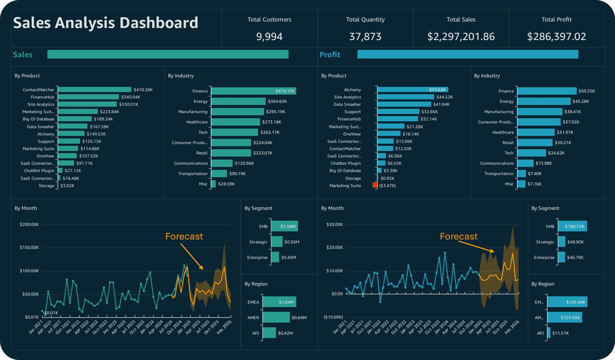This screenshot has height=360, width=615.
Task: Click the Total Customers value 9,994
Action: click(269, 36)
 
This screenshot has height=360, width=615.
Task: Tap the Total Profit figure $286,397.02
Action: click(557, 36)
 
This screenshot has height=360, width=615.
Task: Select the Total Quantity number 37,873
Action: click(365, 36)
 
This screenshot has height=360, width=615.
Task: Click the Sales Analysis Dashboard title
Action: click(105, 23)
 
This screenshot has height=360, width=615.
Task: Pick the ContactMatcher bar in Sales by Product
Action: click(94, 90)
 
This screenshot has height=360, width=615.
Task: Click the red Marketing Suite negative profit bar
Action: click(375, 185)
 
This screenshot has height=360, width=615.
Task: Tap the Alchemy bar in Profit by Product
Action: click(413, 90)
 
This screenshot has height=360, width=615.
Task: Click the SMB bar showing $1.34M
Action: click(284, 227)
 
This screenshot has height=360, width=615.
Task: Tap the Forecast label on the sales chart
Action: click(184, 237)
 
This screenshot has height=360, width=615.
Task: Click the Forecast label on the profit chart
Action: click(459, 237)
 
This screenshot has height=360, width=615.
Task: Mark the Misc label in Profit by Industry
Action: click(509, 184)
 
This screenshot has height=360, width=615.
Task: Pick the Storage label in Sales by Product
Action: click(46, 185)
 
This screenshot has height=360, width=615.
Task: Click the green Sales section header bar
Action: click(168, 54)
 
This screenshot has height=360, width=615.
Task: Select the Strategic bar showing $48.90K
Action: click(562, 242)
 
